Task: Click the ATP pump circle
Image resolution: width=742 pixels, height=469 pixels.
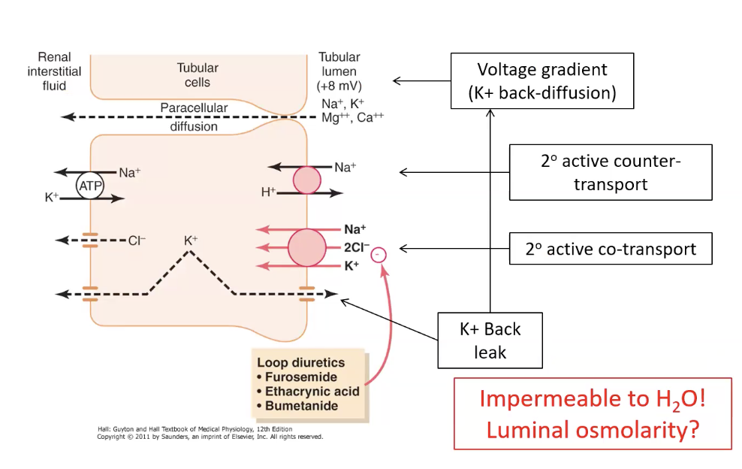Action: [x=89, y=185]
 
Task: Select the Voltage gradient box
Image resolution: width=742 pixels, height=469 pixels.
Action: [x=542, y=81]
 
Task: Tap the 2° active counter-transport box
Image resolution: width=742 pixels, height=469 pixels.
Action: [x=610, y=172]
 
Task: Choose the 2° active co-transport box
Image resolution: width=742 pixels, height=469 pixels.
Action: [x=610, y=249]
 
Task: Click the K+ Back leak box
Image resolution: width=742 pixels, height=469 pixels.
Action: [x=490, y=340]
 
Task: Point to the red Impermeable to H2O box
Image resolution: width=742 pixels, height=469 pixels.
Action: [x=593, y=413]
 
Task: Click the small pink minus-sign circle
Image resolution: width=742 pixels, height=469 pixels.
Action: [x=379, y=255]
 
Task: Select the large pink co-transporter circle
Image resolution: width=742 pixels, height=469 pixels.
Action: [x=306, y=247]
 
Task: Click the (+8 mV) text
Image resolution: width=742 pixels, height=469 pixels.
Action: [x=339, y=86]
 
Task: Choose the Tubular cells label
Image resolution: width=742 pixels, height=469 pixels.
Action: [x=198, y=75]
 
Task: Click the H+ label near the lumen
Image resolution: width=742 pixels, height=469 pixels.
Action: [x=268, y=192]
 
